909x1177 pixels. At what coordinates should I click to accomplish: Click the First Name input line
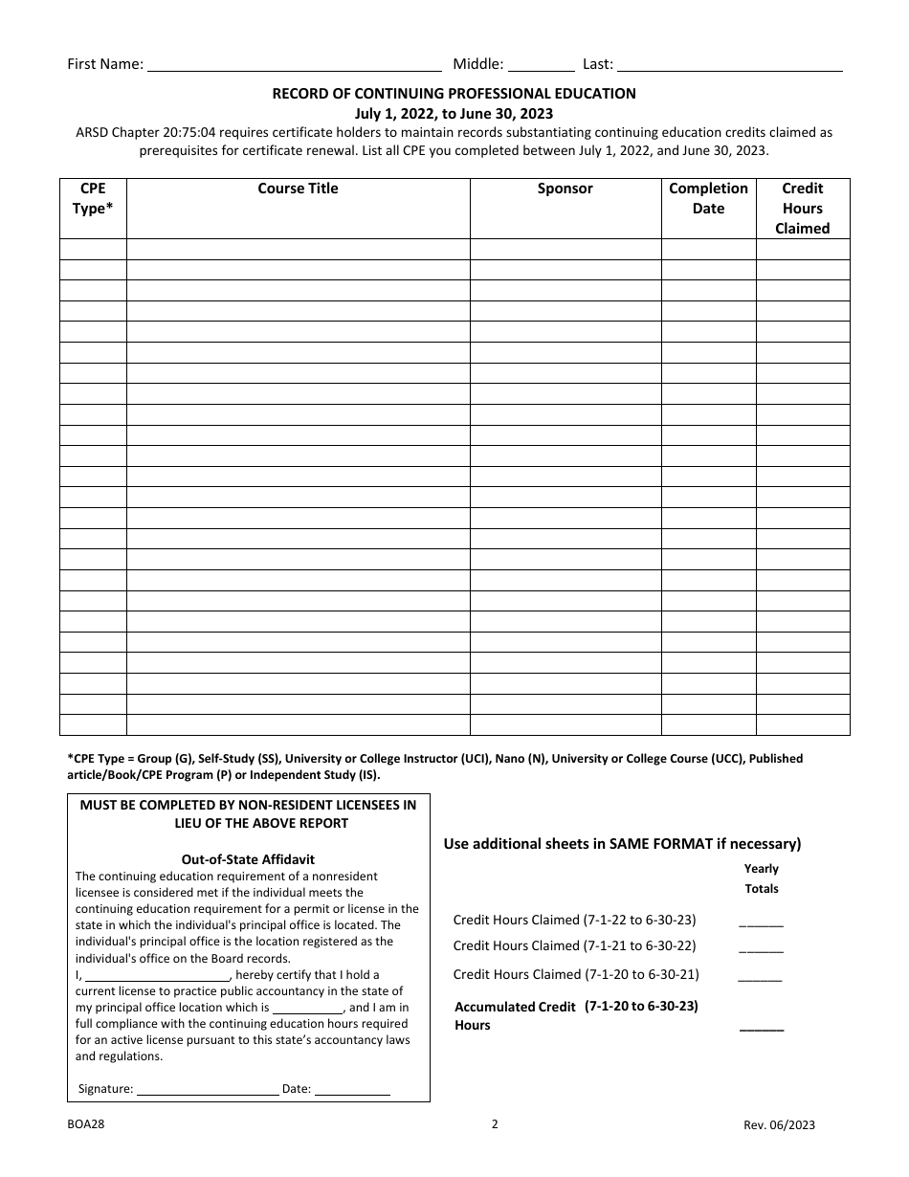tap(295, 66)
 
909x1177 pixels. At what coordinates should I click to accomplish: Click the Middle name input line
tap(541, 66)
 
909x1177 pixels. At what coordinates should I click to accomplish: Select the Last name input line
tap(729, 66)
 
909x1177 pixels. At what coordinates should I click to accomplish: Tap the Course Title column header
tap(298, 189)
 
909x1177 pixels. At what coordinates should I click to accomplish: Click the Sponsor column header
tap(565, 189)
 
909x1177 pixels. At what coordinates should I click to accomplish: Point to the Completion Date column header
tap(708, 199)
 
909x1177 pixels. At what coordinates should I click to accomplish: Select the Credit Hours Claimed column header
tap(802, 209)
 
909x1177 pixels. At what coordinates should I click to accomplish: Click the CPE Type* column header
tap(93, 199)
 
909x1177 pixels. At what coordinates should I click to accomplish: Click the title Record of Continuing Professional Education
tap(454, 94)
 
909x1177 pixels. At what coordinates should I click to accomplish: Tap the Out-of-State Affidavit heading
tap(248, 859)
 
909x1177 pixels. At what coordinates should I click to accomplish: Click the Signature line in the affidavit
tap(207, 1089)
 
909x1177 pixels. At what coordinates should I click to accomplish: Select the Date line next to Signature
tap(352, 1089)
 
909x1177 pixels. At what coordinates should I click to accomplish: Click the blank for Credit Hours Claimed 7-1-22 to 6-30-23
tap(761, 922)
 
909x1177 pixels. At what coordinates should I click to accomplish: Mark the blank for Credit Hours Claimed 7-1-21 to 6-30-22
tap(761, 948)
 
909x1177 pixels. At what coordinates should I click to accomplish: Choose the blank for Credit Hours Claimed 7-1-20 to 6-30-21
tap(761, 977)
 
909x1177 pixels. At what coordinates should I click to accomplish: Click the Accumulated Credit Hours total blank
tap(761, 1027)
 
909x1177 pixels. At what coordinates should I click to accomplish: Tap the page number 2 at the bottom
tap(495, 1124)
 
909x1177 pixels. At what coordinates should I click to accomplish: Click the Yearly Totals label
tap(762, 878)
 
